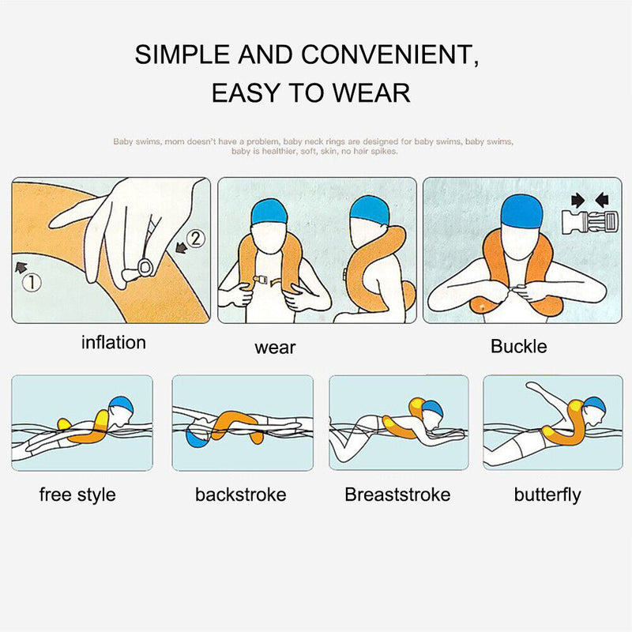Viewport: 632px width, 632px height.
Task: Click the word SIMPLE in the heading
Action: (183, 55)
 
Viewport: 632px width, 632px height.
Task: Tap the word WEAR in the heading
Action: (371, 92)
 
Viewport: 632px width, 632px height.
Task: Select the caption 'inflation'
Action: (114, 343)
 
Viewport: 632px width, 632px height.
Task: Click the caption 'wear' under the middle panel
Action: (275, 347)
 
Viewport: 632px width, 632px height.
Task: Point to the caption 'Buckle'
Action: (518, 346)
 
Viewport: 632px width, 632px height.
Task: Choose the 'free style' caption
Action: (77, 495)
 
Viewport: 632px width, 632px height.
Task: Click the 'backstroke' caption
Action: (241, 495)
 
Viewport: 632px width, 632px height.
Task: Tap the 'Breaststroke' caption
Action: (397, 495)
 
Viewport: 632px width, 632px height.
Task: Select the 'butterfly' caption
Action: (547, 495)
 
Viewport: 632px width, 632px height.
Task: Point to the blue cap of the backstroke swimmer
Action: (195, 436)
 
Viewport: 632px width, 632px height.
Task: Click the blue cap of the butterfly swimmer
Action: (595, 405)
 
